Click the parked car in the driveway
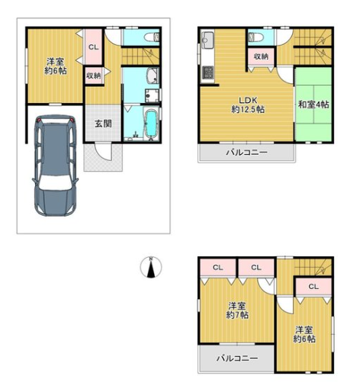click(55, 166)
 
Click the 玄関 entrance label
click(103, 124)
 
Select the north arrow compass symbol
click(151, 267)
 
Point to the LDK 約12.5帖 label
click(248, 104)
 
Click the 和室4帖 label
click(313, 104)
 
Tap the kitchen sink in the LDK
click(208, 40)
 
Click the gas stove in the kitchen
click(208, 72)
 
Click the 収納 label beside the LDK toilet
click(261, 56)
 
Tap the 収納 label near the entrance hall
click(93, 76)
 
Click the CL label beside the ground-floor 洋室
click(93, 47)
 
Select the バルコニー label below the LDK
click(247, 153)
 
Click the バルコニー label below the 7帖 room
click(237, 358)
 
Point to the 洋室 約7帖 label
click(237, 310)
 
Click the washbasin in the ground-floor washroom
click(153, 76)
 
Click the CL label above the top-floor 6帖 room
click(313, 287)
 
